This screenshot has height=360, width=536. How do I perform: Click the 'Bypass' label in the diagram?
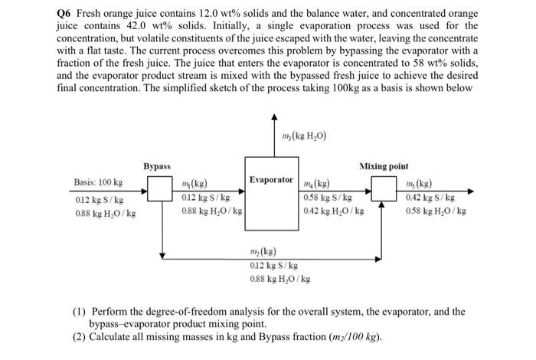coord(156,166)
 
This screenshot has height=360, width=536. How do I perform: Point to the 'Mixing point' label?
coord(383,166)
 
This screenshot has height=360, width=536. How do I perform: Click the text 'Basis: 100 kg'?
coord(98,183)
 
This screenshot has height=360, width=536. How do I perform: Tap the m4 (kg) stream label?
coord(316,184)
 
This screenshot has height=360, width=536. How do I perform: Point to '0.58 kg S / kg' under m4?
coord(328,197)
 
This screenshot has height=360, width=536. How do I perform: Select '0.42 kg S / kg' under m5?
coord(433,197)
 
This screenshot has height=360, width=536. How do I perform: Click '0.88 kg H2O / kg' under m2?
coord(280,279)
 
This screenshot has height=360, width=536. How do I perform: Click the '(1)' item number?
coord(80,312)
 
